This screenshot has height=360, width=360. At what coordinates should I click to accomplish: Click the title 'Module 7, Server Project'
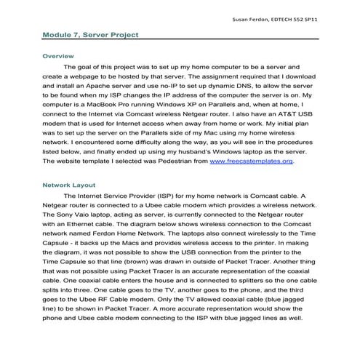click(x=90, y=34)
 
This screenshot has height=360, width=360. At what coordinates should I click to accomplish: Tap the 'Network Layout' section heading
click(x=68, y=185)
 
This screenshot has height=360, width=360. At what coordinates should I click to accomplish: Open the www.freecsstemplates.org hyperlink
click(x=251, y=161)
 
